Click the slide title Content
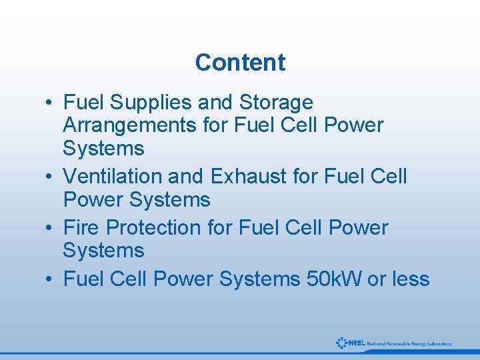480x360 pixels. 240,63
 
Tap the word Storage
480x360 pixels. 276,103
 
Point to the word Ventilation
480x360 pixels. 113,177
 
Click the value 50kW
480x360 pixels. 333,279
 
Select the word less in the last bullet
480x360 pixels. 410,279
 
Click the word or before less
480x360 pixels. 377,279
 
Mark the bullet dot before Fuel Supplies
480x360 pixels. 51,103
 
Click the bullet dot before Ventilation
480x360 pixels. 51,177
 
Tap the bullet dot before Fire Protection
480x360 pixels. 51,229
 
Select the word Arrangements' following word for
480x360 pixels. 215,125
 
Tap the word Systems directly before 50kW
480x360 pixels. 259,279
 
